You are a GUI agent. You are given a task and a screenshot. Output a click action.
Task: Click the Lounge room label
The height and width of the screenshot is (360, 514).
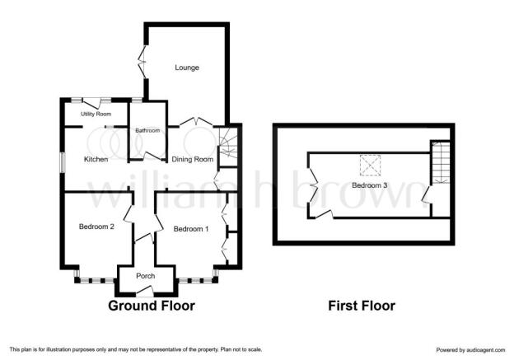187,68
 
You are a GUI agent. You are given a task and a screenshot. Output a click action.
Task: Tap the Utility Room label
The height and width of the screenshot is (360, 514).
96,114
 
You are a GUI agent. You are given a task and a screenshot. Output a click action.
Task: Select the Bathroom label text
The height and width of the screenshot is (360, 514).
147,130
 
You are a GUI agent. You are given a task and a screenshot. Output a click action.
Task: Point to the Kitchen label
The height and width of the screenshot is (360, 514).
96,159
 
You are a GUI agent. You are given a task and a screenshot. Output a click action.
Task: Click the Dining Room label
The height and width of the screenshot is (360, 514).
193,159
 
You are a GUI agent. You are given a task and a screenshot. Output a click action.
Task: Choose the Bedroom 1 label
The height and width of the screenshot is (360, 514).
191,229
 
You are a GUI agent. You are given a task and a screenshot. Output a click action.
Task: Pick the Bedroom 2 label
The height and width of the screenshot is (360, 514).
96,227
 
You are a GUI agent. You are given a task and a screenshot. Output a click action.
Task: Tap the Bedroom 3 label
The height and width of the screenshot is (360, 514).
369,185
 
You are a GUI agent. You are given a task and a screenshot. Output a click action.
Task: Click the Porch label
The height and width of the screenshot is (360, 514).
146,276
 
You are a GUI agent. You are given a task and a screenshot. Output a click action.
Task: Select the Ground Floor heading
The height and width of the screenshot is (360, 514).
152,306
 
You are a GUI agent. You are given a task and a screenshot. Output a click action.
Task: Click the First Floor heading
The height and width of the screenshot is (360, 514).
362,306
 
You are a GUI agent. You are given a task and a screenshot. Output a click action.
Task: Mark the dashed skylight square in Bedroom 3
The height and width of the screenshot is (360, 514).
370,166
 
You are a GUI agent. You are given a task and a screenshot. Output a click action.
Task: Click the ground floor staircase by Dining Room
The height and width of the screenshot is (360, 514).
228,146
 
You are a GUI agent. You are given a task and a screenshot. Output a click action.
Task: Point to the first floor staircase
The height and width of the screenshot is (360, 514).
441,162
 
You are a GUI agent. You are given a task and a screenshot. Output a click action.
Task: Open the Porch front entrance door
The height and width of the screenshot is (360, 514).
145,289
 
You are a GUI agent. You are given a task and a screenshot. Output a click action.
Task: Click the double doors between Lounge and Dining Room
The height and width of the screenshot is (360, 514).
196,122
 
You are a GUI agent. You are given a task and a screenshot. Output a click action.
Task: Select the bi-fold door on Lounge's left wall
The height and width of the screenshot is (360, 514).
143,62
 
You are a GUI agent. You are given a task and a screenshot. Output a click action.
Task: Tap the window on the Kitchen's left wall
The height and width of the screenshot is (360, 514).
63,162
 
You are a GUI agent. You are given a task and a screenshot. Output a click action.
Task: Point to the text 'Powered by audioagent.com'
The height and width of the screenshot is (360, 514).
470,350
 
